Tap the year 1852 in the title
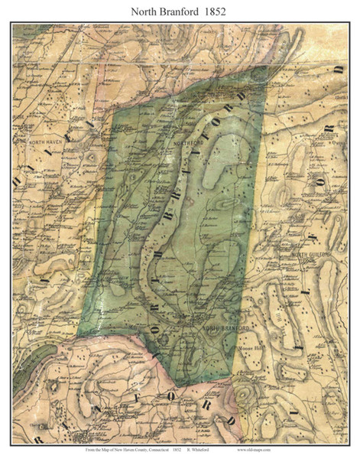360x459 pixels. pyautogui.click(x=232, y=11)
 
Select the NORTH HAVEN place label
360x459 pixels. pyautogui.click(x=44, y=143)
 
